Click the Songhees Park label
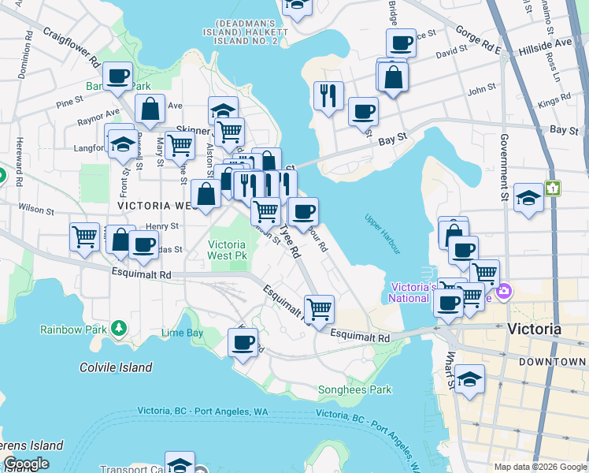pyautogui.click(x=354, y=389)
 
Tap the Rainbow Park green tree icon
pyautogui.click(x=119, y=326)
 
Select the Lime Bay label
pyautogui.click(x=182, y=333)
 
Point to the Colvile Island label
pyautogui.click(x=116, y=367)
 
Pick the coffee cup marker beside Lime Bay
pyautogui.click(x=243, y=343)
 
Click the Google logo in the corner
pyautogui.click(x=26, y=464)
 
